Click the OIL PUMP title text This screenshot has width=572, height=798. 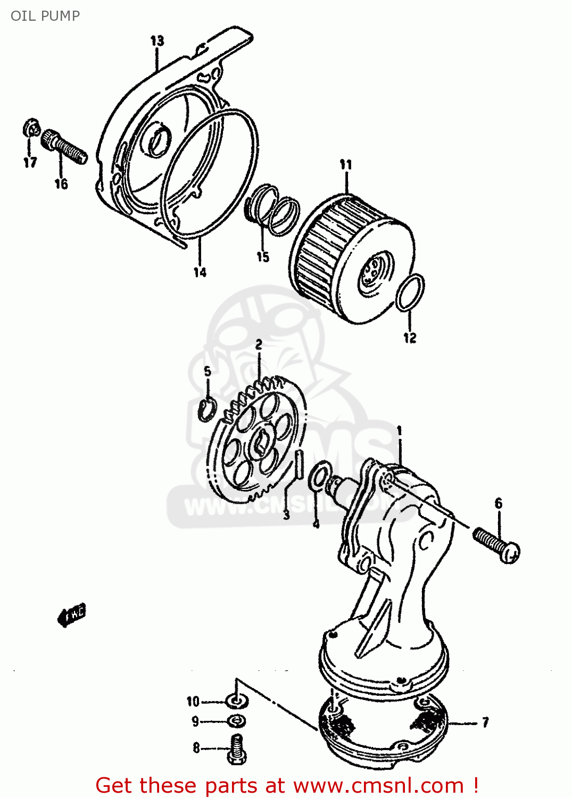click(45, 15)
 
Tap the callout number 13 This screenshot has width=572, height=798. click(157, 40)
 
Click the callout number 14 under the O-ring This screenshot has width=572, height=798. click(200, 272)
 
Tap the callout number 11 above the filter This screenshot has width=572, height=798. click(346, 164)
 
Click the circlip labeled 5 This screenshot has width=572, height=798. click(207, 409)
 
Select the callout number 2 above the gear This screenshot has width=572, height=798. click(259, 344)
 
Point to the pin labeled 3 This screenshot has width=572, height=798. click(300, 464)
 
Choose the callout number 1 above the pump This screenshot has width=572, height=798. click(399, 430)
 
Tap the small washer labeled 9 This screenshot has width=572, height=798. click(236, 721)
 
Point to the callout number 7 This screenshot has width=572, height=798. click(485, 722)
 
